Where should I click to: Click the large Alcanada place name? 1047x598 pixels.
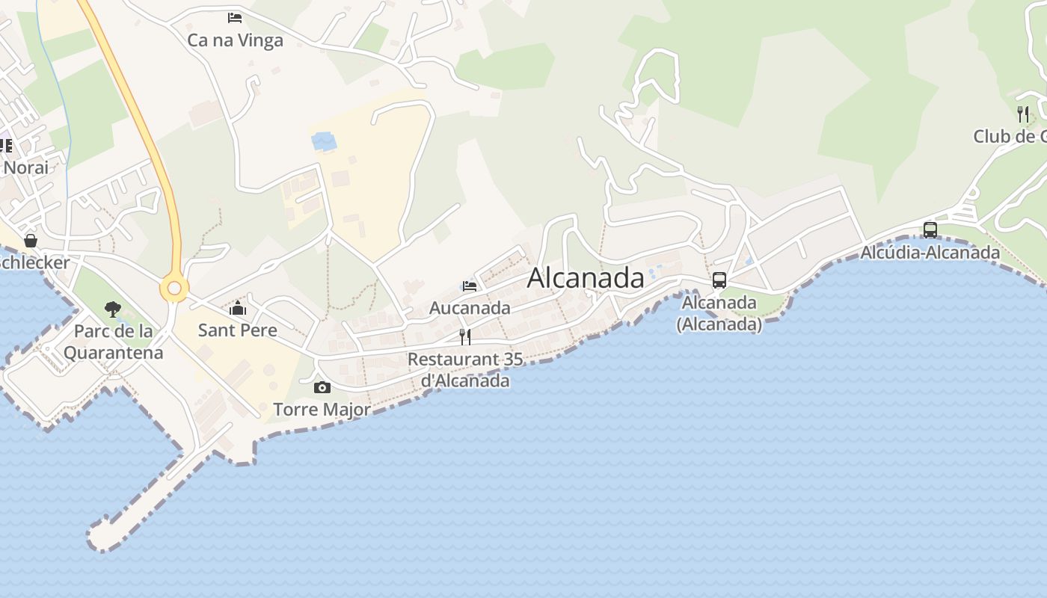586,278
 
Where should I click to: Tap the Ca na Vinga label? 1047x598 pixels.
235,40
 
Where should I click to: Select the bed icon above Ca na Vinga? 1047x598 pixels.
235,17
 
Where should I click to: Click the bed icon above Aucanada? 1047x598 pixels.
470,286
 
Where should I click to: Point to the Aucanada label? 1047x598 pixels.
470,307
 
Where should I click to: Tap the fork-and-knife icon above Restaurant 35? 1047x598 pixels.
465,336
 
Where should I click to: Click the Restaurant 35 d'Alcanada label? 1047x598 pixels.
465,369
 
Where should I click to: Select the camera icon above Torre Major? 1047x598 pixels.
322,387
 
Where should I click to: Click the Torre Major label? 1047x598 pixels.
322,410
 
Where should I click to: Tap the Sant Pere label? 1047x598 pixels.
237,330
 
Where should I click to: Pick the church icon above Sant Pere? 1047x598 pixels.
238,307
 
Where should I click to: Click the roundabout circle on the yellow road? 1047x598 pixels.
174,288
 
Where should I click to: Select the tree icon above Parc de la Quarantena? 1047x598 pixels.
113,309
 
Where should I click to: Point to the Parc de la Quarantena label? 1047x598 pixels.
113,341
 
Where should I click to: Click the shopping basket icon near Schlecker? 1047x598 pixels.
31,241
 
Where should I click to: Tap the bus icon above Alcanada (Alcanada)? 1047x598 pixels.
719,280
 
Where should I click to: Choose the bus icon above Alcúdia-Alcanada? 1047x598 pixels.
930,229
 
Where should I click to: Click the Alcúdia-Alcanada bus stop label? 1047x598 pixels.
930,253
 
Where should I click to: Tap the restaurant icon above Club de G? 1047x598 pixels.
1023,114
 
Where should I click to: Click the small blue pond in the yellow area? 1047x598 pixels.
324,141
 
